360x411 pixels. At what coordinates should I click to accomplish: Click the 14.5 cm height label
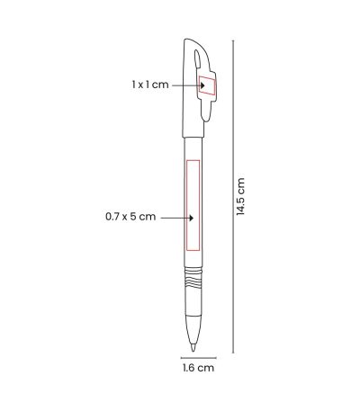pyautogui.click(x=240, y=196)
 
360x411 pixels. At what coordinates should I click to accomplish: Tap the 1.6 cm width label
pyautogui.click(x=199, y=368)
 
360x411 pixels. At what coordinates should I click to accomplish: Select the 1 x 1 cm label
pyautogui.click(x=150, y=85)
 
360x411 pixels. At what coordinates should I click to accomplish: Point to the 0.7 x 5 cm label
pyautogui.click(x=130, y=217)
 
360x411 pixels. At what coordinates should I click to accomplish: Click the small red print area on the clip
pyautogui.click(x=207, y=85)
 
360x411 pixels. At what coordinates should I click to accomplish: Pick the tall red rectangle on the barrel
pyautogui.click(x=193, y=205)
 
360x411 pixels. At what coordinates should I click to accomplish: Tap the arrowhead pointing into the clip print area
pyautogui.click(x=202, y=85)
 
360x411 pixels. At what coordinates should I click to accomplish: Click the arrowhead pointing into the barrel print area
pyautogui.click(x=192, y=218)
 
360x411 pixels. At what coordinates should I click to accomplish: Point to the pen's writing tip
pyautogui.click(x=193, y=348)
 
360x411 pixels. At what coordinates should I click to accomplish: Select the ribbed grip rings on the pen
pyautogui.click(x=193, y=279)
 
